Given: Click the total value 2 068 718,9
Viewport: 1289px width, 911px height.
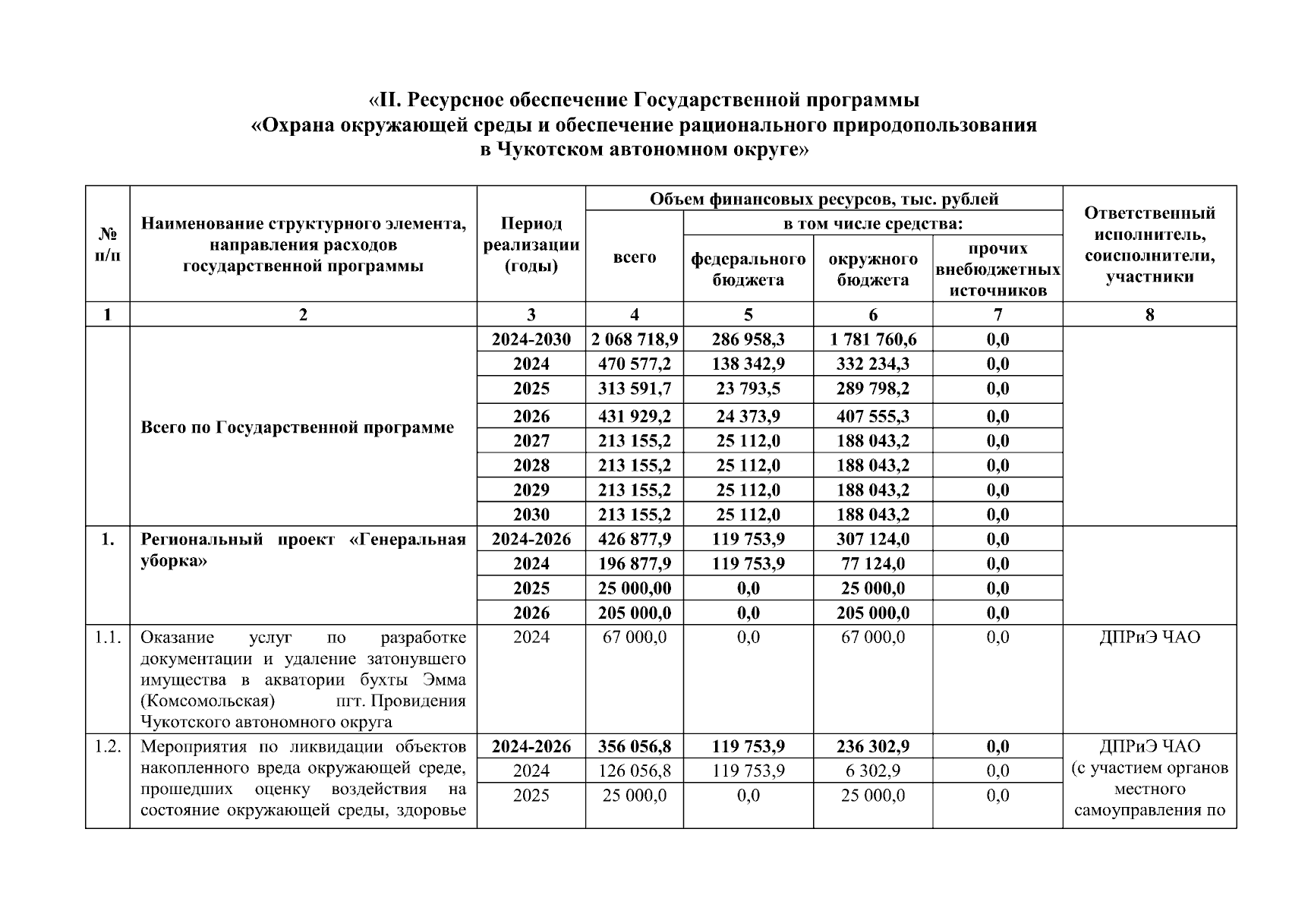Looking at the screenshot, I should click(635, 339).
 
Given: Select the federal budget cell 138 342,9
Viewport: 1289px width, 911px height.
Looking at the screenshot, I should click(748, 364).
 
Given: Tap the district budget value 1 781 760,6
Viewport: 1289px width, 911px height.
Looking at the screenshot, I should click(872, 339).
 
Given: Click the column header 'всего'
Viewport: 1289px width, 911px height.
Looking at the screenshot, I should click(635, 257).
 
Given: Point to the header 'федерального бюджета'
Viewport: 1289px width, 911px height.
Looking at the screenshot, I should click(748, 269).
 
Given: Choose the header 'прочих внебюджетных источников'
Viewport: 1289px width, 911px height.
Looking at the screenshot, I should click(997, 269).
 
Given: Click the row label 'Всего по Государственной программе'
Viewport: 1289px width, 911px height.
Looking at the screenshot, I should click(297, 427).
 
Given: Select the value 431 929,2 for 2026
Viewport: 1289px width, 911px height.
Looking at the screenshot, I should click(635, 416).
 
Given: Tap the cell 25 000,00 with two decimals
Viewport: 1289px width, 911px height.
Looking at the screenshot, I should click(635, 588).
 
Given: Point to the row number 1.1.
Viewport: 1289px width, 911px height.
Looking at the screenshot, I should click(108, 637).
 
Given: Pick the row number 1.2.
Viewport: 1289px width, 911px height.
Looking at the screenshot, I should click(108, 746).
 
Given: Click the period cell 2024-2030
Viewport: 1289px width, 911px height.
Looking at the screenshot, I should click(531, 339).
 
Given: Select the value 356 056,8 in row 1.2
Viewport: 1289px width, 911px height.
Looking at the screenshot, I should click(635, 746).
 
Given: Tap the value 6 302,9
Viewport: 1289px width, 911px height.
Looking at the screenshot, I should click(872, 771).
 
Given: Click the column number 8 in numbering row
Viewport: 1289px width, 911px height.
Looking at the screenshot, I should click(1149, 314).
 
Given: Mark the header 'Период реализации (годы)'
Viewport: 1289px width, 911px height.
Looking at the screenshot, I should click(531, 245).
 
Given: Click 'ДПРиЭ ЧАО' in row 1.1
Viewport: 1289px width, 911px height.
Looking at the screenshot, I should click(1149, 637).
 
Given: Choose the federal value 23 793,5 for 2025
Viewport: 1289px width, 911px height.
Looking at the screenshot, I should click(748, 389).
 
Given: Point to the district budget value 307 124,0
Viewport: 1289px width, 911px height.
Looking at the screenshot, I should click(872, 539).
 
